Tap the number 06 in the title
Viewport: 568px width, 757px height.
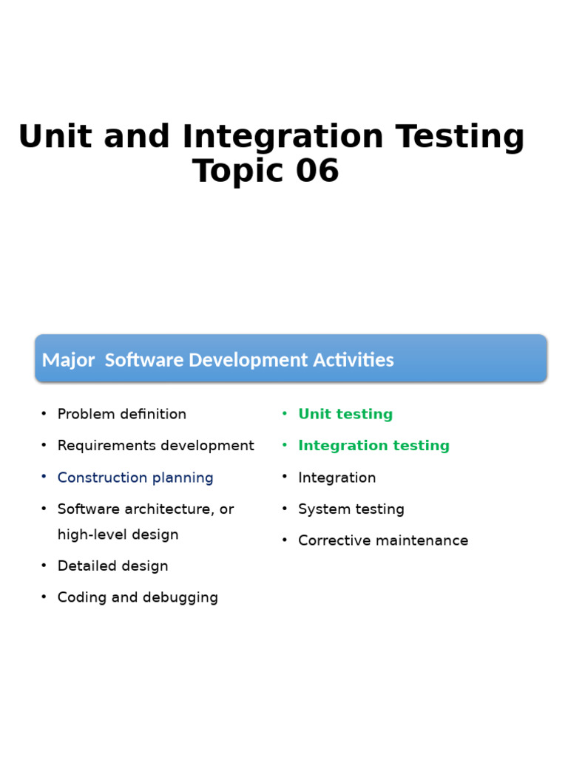point(317,172)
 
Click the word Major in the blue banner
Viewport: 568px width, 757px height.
point(68,360)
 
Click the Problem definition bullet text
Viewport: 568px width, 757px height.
point(121,414)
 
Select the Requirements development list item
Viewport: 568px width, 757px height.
point(155,446)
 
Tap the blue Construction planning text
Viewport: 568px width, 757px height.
point(135,478)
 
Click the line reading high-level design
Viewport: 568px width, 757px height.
point(118,534)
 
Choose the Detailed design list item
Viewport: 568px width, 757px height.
point(112,566)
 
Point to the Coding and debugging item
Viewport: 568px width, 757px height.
point(138,597)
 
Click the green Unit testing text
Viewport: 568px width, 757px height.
point(345,414)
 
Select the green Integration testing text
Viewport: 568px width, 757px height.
point(373,446)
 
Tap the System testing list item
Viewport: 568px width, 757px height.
point(351,509)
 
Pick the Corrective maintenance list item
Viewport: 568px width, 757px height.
point(383,541)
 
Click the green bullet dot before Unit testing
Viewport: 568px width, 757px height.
point(285,414)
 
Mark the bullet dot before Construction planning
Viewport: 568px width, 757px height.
point(44,478)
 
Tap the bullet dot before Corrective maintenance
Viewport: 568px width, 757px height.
point(285,541)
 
